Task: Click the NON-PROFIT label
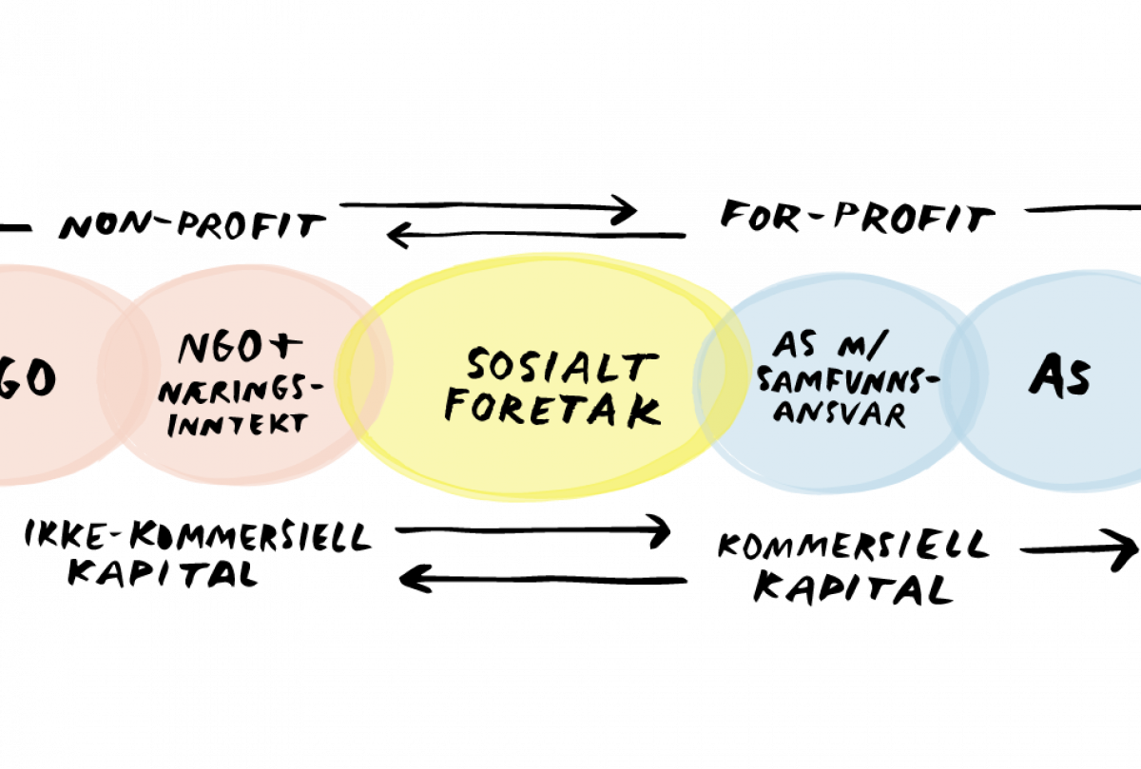[x=192, y=226]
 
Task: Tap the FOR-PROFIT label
[x=858, y=217]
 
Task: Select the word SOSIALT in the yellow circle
[x=563, y=366]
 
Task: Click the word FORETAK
[x=553, y=410]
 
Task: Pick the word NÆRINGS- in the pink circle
[x=241, y=393]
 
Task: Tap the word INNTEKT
[x=238, y=425]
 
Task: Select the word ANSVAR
[x=840, y=415]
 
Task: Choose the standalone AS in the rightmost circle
[x=1059, y=375]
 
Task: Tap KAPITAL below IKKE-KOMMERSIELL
[x=163, y=574]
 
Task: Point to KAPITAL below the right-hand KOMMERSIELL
[x=853, y=588]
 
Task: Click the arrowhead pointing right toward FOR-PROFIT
[x=625, y=209]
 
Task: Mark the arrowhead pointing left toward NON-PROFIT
[x=398, y=236]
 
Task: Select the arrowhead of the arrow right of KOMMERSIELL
[x=1125, y=549]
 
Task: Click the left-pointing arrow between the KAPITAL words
[x=543, y=580]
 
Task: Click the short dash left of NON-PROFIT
[x=15, y=229]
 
